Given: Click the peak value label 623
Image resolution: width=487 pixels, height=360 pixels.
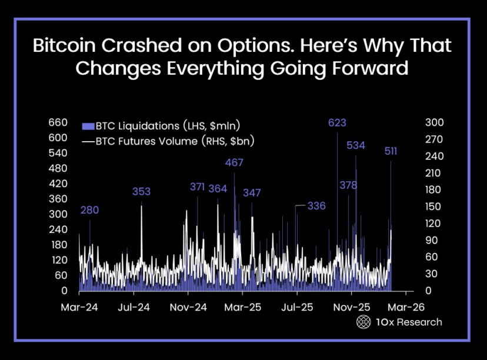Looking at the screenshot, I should [x=337, y=123].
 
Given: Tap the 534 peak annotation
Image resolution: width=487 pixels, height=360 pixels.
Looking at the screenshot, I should [x=356, y=145].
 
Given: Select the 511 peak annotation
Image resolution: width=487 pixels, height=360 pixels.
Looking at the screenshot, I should [x=391, y=151].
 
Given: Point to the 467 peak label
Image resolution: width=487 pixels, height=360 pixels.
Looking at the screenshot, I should [x=234, y=162].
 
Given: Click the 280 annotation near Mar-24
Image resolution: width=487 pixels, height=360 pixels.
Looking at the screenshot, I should [x=89, y=211].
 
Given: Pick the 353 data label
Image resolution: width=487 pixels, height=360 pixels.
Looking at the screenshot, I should [x=141, y=192].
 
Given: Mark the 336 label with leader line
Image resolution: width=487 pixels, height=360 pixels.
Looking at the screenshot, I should [x=316, y=206].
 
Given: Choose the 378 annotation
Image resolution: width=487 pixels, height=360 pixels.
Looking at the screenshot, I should [x=348, y=185].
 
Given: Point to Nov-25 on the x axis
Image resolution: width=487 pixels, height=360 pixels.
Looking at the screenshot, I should [x=352, y=307].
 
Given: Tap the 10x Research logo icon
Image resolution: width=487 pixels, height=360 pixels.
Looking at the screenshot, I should [x=364, y=322].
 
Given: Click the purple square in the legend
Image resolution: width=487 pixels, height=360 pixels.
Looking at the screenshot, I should [x=88, y=126].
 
